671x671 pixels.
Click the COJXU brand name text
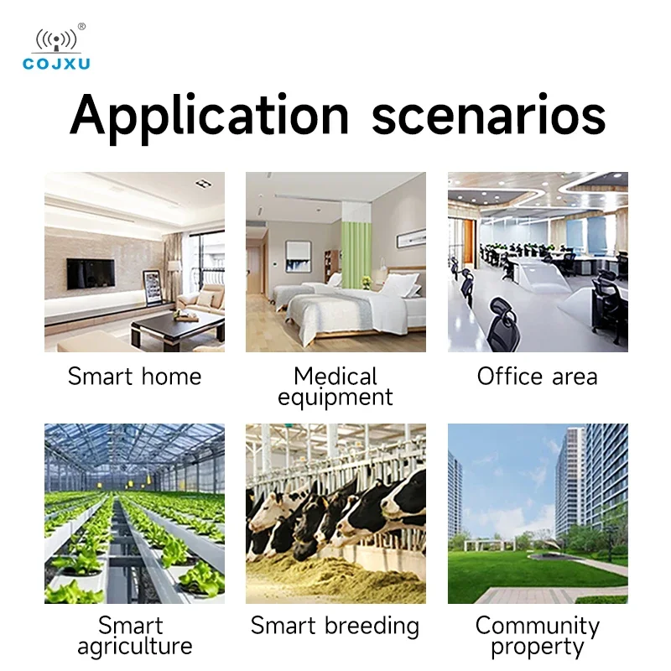click(56, 64)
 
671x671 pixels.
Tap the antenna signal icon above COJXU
click(56, 40)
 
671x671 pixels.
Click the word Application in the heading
click(210, 117)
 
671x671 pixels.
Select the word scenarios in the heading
click(488, 116)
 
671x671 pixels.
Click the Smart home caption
click(134, 377)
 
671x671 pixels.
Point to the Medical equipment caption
click(335, 387)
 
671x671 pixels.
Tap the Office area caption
click(538, 377)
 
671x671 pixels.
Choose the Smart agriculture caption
click(134, 636)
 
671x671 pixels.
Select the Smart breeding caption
click(335, 626)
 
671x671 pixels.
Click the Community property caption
click(538, 636)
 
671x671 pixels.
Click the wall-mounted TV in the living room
click(91, 274)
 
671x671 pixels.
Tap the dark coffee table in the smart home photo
click(178, 327)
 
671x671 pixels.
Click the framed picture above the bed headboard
click(411, 238)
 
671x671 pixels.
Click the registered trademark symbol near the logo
click(81, 27)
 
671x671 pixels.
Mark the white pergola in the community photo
click(489, 544)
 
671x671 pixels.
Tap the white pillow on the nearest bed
click(400, 285)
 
